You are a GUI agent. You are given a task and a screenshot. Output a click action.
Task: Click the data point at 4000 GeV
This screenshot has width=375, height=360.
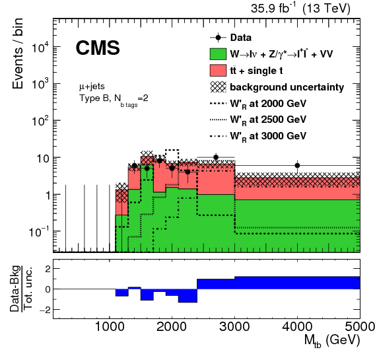tap(297, 165)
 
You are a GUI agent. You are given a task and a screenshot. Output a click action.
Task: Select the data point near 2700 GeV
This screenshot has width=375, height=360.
tap(216, 157)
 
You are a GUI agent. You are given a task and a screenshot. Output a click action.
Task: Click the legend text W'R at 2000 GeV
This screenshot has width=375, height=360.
tap(267, 103)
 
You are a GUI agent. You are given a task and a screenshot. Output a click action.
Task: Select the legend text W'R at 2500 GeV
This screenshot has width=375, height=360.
tap(267, 120)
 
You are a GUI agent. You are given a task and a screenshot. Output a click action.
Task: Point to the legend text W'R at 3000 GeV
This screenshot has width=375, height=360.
tap(267, 135)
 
